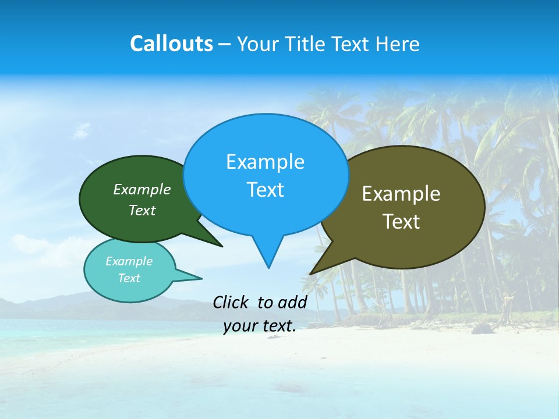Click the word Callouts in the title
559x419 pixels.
171,44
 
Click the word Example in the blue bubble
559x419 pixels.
265,162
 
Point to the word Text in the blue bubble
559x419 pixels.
265,190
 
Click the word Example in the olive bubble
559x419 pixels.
401,194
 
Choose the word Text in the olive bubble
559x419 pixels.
401,222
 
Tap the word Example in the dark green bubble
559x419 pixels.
142,189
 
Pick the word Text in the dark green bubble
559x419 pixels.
142,210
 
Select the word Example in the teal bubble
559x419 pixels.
129,261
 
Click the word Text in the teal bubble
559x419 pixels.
129,278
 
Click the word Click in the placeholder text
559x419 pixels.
231,302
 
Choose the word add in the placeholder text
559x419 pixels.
292,302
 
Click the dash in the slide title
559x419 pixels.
225,44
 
